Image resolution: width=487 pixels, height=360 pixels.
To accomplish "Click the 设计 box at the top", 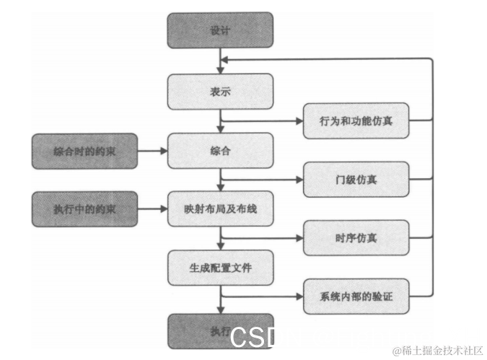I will tap(220, 30).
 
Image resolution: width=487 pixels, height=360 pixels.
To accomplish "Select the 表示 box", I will tap(220, 92).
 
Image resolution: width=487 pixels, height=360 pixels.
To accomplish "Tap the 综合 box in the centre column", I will tap(220, 151).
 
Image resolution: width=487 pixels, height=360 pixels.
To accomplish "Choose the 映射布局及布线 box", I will tap(220, 209).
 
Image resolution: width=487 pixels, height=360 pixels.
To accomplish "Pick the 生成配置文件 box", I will tap(220, 268).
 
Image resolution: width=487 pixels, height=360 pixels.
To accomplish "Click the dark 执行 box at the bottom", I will tap(220, 331).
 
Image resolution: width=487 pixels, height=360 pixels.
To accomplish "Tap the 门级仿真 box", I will tap(356, 179).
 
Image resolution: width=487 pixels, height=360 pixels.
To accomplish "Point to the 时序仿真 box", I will tap(356, 238).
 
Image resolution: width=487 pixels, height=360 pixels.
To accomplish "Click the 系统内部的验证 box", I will tap(356, 296).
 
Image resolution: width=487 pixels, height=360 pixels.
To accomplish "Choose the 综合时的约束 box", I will tap(84, 151).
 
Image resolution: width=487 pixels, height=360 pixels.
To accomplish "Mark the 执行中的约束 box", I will tap(84, 209).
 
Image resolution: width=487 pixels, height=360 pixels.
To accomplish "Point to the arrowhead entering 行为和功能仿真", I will tap(299, 120).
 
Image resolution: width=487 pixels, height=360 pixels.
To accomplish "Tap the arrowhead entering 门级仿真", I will tap(299, 179).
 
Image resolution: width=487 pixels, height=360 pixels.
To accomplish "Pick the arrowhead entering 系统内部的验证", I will tap(299, 296).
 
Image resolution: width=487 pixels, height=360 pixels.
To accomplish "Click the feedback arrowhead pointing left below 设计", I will tap(225, 59).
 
